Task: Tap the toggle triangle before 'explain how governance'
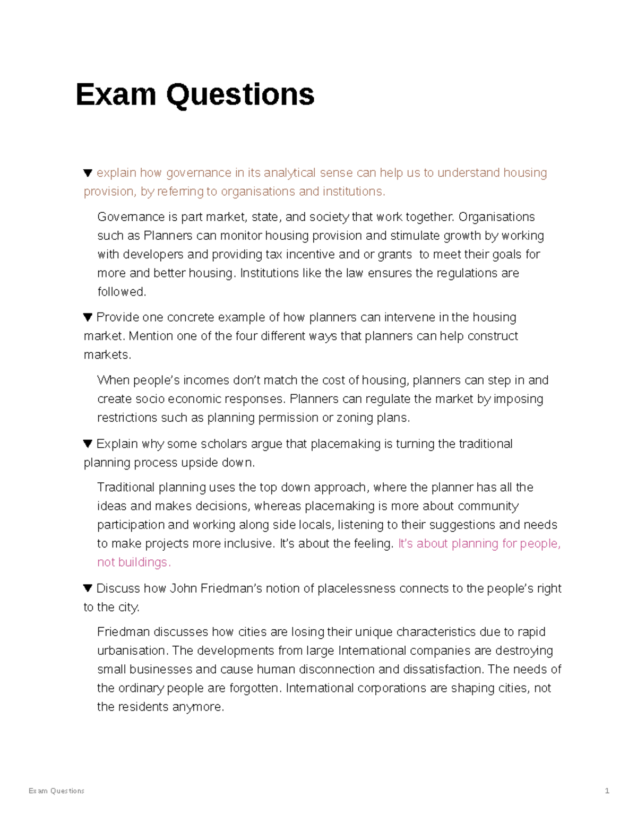tap(88, 173)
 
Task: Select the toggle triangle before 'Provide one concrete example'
tap(88, 317)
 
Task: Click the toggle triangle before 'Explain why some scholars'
tap(88, 444)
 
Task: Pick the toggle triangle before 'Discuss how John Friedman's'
tap(88, 588)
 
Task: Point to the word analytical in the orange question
tap(289, 173)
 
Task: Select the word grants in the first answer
tap(394, 255)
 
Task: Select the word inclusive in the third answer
tap(248, 544)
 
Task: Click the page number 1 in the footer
tap(607, 791)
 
